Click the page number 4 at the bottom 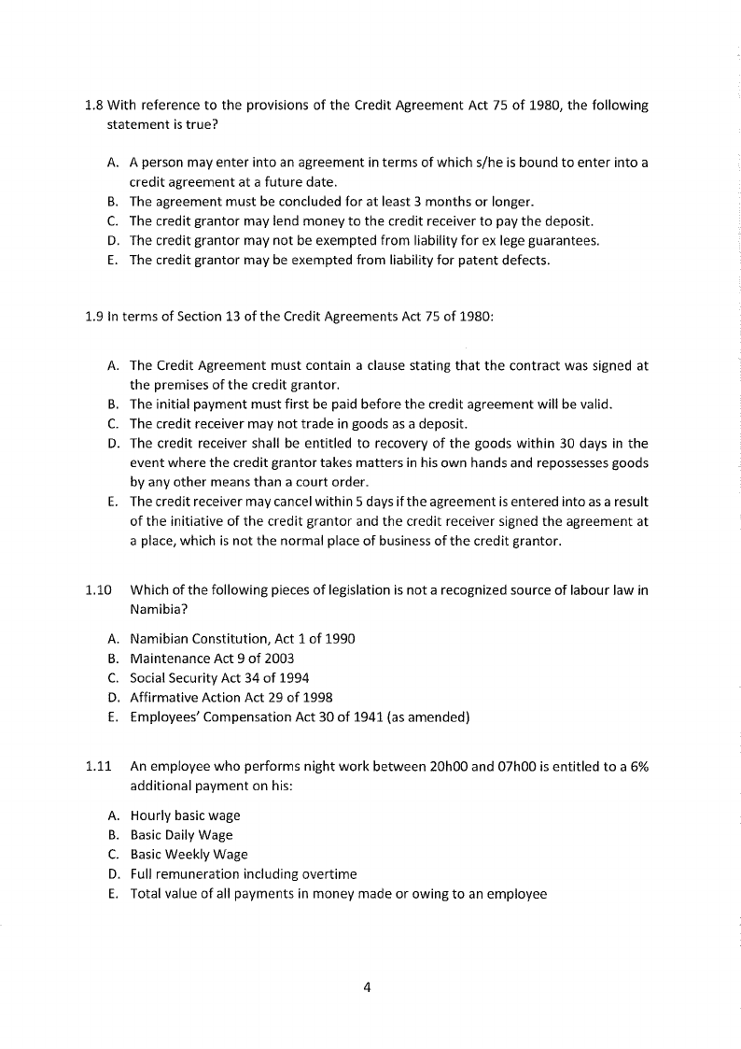[x=370, y=989]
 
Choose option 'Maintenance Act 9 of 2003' [x=212, y=659]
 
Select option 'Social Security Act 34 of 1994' [x=219, y=677]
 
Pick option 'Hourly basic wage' [x=185, y=815]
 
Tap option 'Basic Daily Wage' [x=181, y=835]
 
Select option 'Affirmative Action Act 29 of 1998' [x=231, y=697]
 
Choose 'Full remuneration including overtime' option [x=243, y=874]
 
